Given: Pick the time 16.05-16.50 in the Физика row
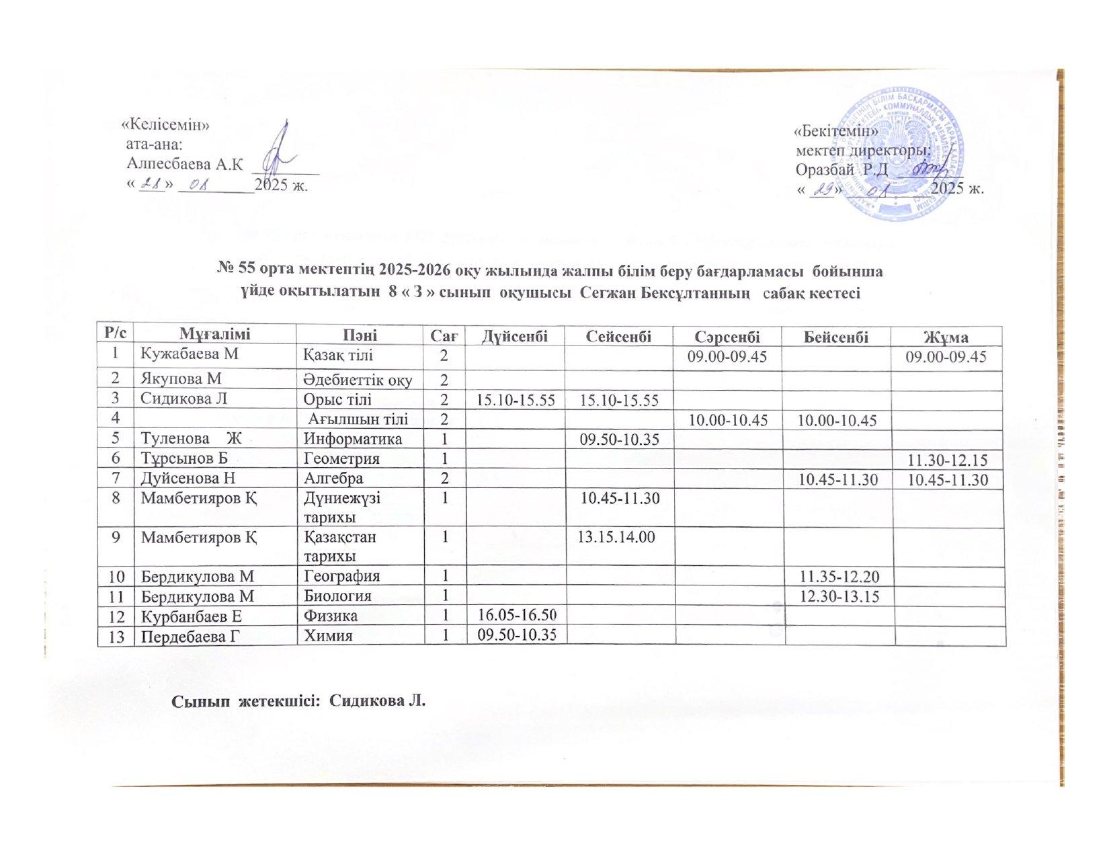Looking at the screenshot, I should click(516, 616).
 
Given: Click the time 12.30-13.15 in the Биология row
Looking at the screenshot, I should click(836, 596).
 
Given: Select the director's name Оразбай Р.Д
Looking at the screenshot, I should click(841, 168).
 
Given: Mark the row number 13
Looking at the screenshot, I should click(116, 635).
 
